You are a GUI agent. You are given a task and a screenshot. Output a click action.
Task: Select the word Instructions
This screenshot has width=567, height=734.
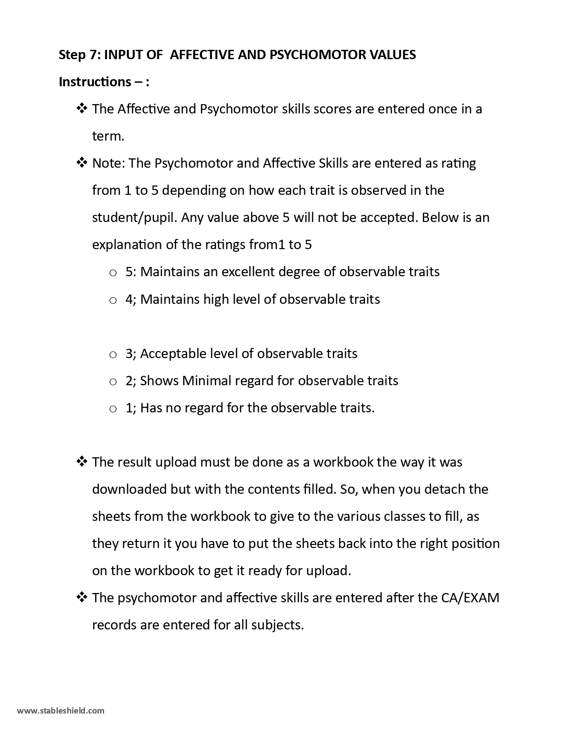pyautogui.click(x=95, y=82)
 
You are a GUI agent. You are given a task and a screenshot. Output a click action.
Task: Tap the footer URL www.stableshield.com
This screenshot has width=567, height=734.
pyautogui.click(x=61, y=710)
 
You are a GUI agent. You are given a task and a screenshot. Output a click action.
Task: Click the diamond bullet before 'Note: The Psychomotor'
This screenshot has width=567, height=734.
pyautogui.click(x=82, y=163)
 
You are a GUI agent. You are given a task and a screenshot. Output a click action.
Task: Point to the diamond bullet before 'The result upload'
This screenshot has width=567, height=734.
pyautogui.click(x=82, y=462)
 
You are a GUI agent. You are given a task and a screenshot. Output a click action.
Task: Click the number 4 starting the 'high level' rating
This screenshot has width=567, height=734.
pyautogui.click(x=129, y=299)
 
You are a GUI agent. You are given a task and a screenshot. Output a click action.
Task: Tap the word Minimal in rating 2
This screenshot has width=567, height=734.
pyautogui.click(x=207, y=381)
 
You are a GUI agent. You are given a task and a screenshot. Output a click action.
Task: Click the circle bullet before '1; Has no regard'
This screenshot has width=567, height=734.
pyautogui.click(x=113, y=409)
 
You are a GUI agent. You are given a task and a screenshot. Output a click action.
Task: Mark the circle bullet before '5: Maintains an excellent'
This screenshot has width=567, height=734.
pyautogui.click(x=113, y=273)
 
